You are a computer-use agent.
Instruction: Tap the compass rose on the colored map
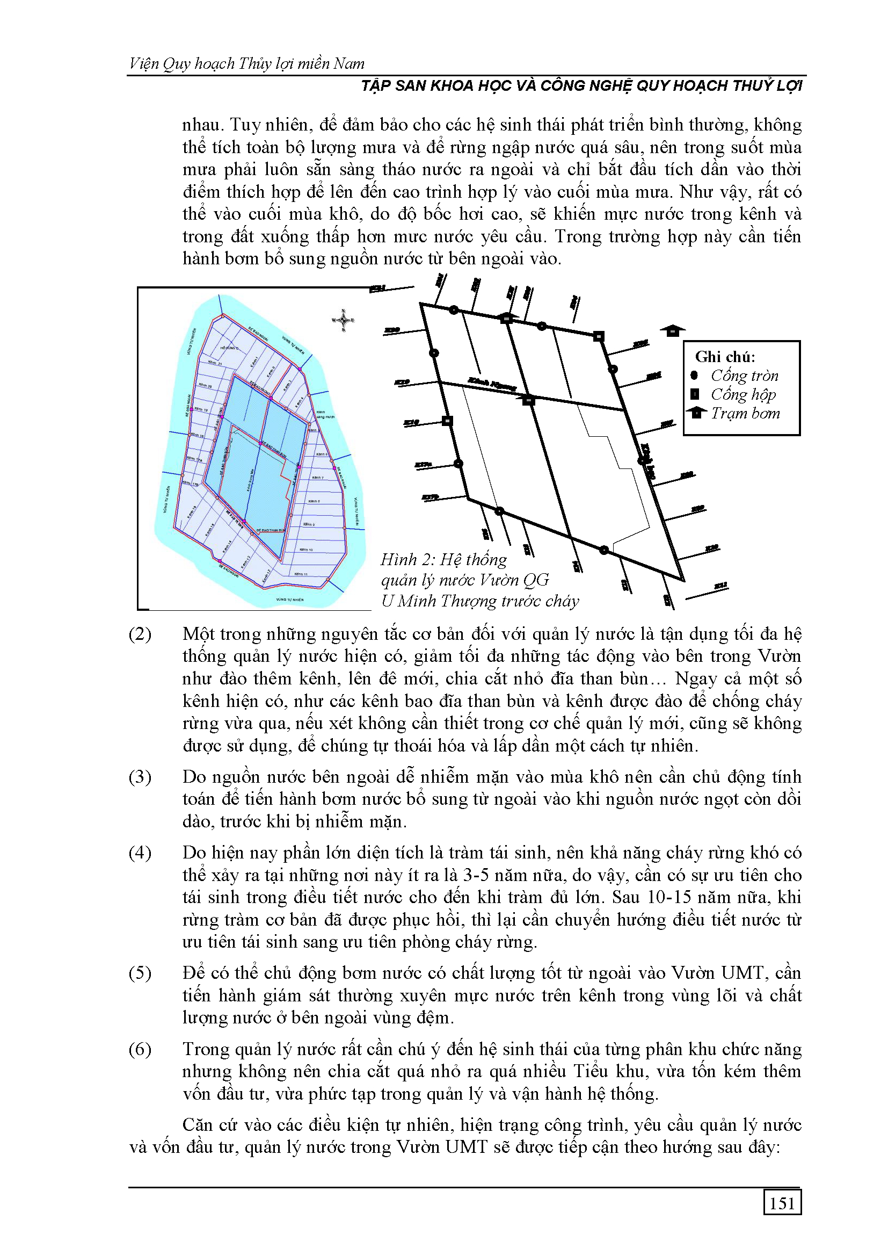[344, 320]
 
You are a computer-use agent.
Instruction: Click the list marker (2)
[140, 634]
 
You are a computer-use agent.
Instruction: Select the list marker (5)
[140, 973]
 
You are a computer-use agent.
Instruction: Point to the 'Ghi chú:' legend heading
[725, 357]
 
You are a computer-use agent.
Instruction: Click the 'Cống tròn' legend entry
[744, 376]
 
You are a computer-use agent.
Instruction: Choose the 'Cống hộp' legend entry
[743, 394]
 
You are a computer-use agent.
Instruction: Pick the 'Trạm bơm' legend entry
[745, 413]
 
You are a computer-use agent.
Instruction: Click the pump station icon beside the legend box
[673, 330]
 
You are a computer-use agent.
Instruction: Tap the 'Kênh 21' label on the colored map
[214, 363]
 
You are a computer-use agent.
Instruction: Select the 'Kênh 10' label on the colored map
[306, 549]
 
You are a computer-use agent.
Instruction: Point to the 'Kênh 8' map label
[314, 501]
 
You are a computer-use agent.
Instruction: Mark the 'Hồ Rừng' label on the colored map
[230, 348]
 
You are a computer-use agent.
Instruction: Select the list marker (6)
[140, 1049]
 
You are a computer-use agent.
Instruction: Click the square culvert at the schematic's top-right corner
[599, 336]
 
